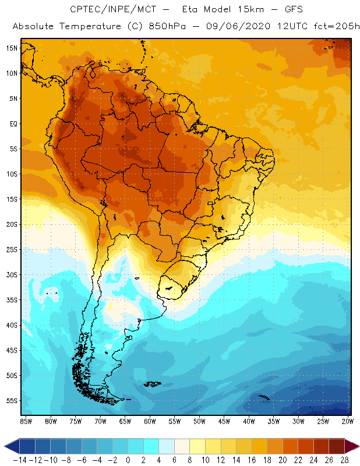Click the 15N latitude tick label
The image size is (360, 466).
(12, 48)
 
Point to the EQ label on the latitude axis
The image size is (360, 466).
(13, 123)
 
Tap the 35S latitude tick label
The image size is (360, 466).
(12, 299)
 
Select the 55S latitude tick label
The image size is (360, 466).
(12, 400)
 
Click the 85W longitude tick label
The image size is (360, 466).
(26, 421)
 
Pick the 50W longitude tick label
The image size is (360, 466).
(200, 421)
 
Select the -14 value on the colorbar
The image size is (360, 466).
(19, 460)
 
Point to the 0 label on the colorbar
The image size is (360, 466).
(128, 460)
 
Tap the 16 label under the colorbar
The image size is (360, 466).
(252, 460)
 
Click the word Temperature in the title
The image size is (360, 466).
(92, 27)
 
